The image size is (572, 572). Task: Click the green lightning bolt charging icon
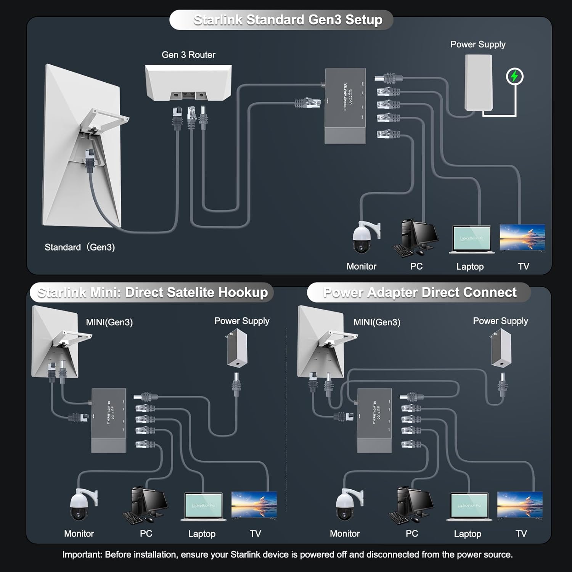tap(514, 77)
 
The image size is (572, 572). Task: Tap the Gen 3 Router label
tap(188, 55)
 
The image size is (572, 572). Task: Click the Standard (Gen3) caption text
tap(80, 247)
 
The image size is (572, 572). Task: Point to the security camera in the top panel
tap(364, 237)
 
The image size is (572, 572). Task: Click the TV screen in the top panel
tap(522, 237)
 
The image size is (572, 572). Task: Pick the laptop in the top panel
tap(471, 239)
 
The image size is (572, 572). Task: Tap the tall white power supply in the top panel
tap(479, 83)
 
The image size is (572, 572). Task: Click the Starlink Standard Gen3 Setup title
tap(288, 20)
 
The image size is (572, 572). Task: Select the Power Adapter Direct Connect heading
tap(419, 292)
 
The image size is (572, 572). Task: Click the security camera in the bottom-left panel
tap(82, 504)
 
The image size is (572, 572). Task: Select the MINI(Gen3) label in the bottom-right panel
tap(377, 322)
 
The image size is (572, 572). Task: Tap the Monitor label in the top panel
tap(361, 267)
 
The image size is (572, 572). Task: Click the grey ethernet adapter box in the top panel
tap(345, 106)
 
